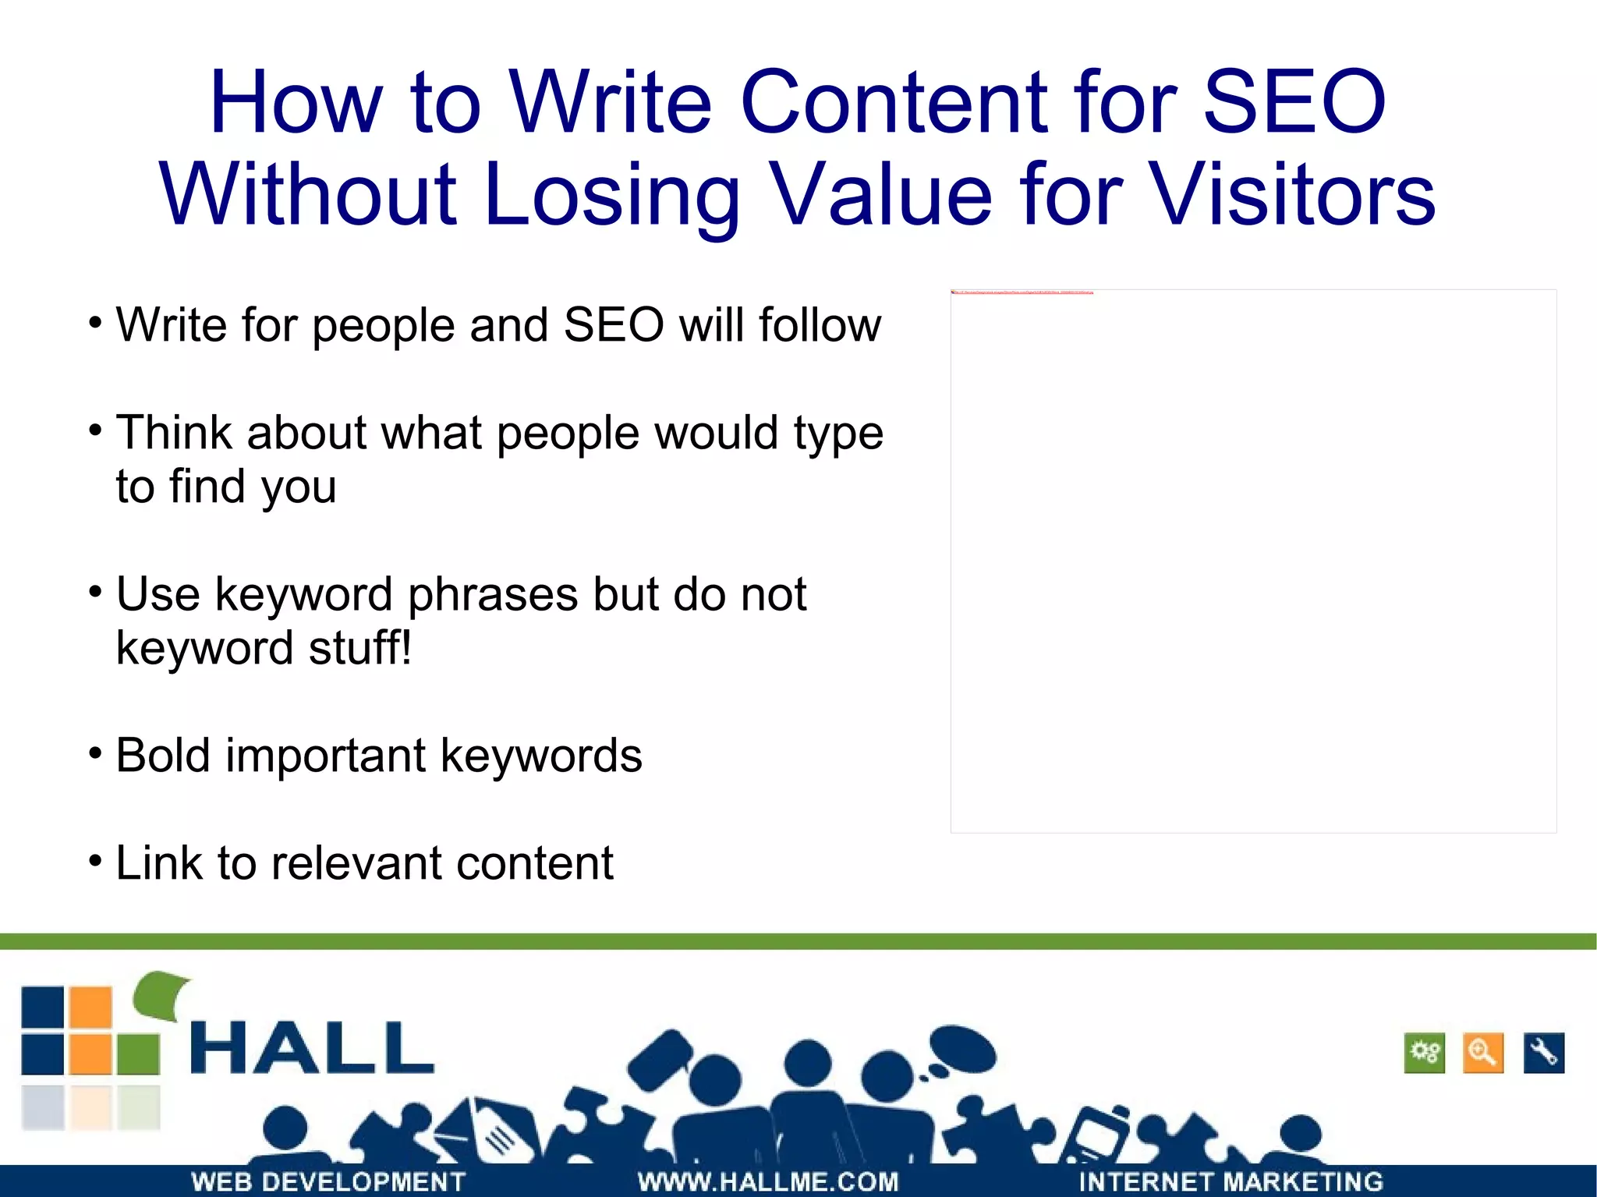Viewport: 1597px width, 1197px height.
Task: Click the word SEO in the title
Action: click(1294, 103)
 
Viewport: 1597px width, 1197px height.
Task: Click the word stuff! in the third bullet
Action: click(359, 648)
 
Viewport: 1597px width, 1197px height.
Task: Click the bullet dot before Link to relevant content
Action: click(95, 862)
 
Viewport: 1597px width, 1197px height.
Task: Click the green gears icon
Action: click(1425, 1054)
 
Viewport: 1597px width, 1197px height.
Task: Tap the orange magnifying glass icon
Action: click(1482, 1054)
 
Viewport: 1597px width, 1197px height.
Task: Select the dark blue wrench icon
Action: click(1543, 1054)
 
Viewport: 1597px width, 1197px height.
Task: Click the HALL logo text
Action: click(312, 1049)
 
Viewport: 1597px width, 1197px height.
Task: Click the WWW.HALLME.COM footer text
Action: click(768, 1181)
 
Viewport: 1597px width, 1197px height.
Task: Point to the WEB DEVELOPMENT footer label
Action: click(328, 1181)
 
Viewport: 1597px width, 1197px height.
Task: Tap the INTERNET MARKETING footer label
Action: click(1231, 1181)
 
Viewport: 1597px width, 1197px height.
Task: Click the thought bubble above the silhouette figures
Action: click(963, 1049)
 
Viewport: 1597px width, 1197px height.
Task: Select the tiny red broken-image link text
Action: click(1022, 292)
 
